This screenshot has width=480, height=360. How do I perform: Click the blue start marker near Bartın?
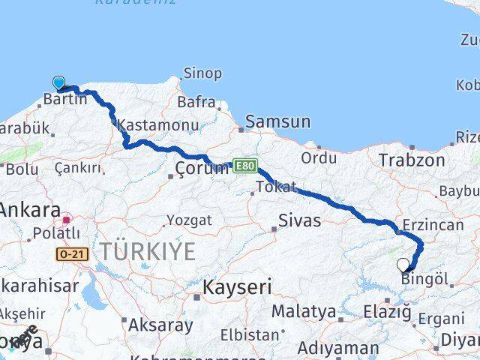coord(58,82)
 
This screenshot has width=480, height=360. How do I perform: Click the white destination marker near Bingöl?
coord(403,265)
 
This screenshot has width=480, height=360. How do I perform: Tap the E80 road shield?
coord(243,164)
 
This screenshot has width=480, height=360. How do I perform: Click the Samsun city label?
coord(277,121)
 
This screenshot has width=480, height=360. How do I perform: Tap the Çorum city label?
coord(200,168)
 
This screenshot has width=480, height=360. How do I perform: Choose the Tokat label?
coord(276,187)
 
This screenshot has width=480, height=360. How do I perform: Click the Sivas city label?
coord(299,220)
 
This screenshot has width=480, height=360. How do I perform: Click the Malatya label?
coord(303,311)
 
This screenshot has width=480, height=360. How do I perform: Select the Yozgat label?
coord(189,220)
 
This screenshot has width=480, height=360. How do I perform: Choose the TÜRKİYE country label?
coord(148,252)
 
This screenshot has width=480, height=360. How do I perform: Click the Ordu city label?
coord(319,158)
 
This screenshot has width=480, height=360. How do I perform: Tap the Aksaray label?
coord(160,325)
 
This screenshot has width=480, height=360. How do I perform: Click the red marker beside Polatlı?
coord(67,220)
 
